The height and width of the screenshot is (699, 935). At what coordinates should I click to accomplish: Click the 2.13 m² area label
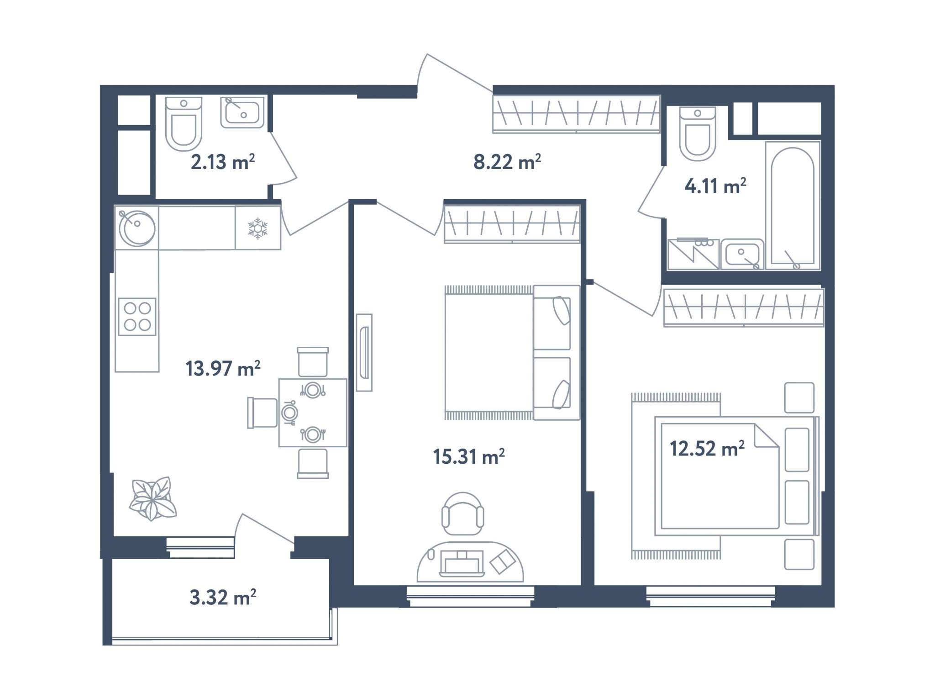coord(223,162)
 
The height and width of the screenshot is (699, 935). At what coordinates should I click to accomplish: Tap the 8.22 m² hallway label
coord(507,162)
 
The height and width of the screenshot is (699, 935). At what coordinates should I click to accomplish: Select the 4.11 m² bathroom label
coord(715,186)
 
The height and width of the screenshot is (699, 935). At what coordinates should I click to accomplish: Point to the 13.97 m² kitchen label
coord(223,368)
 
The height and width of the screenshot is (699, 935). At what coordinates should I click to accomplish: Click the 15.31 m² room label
coord(469,456)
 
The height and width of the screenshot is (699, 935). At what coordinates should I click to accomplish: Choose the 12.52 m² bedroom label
coord(707,448)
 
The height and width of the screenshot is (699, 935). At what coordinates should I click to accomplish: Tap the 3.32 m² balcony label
coord(223,597)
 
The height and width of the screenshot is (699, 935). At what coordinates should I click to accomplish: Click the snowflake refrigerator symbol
coord(257,228)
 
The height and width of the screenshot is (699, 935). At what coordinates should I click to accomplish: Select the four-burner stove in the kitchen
coord(137,317)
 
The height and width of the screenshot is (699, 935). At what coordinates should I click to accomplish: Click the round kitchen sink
coord(137,228)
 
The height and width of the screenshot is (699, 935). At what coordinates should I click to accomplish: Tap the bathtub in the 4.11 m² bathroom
coord(793,206)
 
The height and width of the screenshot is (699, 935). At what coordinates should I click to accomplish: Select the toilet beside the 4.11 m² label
coord(697,133)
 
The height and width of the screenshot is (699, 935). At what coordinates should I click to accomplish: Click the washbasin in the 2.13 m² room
coord(242,112)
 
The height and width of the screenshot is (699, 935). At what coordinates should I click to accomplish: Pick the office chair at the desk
coord(462,514)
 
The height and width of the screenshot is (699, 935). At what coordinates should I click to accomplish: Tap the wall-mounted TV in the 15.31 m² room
coord(364,352)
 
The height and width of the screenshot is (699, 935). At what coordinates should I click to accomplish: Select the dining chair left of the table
coord(262,413)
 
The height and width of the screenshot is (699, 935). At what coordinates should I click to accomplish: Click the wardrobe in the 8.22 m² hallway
coord(576,114)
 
